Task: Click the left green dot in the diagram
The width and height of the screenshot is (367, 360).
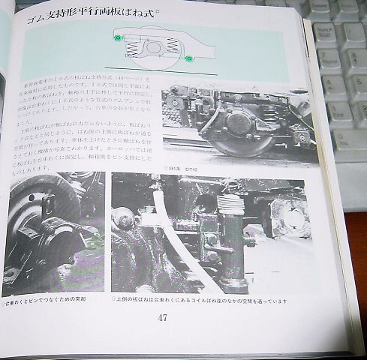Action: pyautogui.click(x=116, y=37)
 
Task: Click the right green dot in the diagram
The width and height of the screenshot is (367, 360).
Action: pyautogui.click(x=189, y=57)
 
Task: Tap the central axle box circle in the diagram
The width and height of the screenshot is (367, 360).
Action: pyautogui.click(x=153, y=47)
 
